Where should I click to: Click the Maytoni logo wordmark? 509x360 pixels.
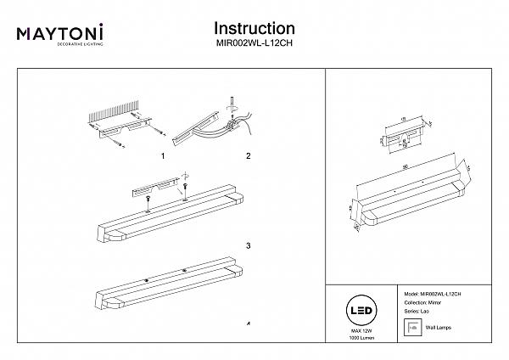pyautogui.click(x=60, y=33)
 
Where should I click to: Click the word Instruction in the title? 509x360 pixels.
pyautogui.click(x=255, y=29)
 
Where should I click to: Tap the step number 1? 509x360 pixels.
pyautogui.click(x=161, y=157)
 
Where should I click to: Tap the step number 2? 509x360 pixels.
pyautogui.click(x=248, y=157)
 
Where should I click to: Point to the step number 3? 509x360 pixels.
pyautogui.click(x=248, y=246)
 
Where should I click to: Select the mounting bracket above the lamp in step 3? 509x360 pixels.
pyautogui.click(x=157, y=187)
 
